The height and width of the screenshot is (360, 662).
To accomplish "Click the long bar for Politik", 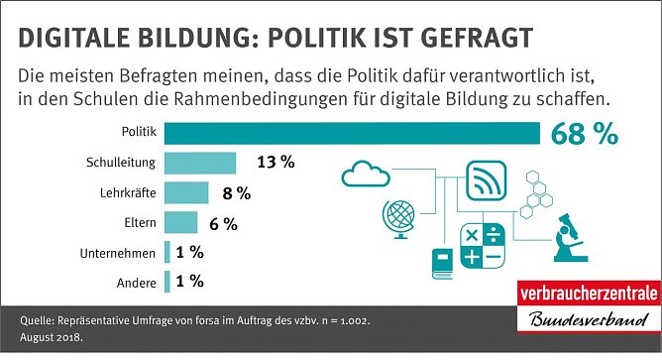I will pyautogui.click(x=352, y=132).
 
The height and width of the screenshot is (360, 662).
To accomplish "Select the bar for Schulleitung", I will pyautogui.click(x=200, y=163).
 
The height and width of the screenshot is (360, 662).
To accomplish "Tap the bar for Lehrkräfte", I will pyautogui.click(x=186, y=192).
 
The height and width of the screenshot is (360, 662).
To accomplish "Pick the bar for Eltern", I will pyautogui.click(x=181, y=223).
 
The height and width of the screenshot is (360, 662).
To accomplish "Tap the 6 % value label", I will pyautogui.click(x=223, y=224).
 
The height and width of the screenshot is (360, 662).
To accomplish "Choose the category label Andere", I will pyautogui.click(x=137, y=284).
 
